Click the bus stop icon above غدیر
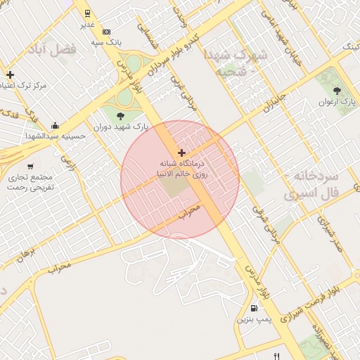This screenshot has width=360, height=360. (87, 13)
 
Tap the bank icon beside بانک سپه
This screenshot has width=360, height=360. (106, 32)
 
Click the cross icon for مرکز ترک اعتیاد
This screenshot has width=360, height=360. (10, 75)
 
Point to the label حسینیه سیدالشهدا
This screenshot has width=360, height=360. (56, 135)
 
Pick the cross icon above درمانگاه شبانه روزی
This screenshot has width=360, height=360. (181, 153)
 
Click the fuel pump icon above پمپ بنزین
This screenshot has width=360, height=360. (253, 308)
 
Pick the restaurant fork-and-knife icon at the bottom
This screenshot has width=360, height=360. (276, 356)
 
